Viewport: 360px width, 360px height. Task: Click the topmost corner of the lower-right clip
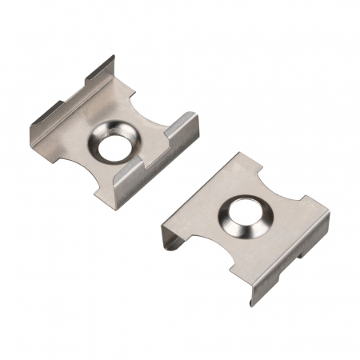pos(238,154)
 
